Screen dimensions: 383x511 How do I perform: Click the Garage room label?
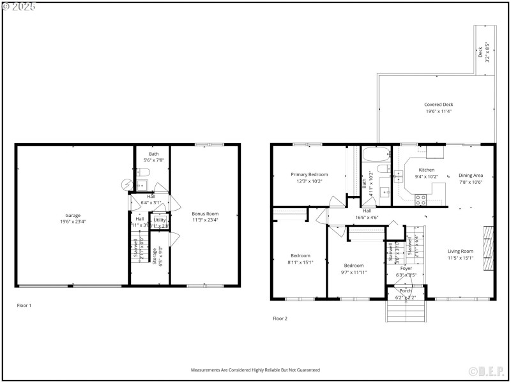[73, 215]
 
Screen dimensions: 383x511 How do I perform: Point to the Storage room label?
[155, 255]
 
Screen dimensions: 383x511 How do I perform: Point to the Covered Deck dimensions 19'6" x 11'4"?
[439, 112]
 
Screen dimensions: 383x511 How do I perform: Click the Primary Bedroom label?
[309, 174]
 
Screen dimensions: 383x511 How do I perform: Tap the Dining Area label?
[471, 175]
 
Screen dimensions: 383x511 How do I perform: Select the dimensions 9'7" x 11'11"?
[354, 272]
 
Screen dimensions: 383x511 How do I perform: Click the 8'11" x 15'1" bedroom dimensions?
[300, 262]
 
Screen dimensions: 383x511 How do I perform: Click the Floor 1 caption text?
[24, 306]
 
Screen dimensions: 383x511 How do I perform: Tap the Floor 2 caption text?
[280, 318]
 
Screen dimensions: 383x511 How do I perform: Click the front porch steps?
[405, 311]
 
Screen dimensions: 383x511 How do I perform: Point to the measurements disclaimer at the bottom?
[256, 370]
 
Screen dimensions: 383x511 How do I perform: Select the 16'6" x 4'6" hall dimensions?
[367, 217]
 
